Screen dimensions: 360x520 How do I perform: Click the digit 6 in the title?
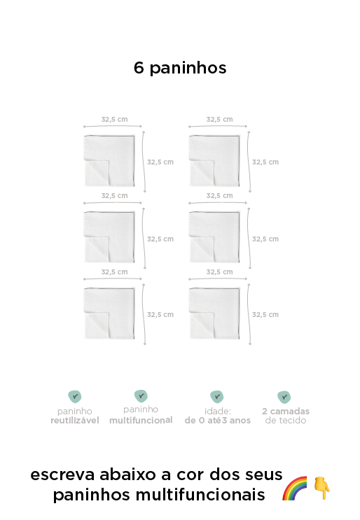click(x=139, y=68)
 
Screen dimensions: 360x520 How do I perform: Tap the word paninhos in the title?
click(x=188, y=69)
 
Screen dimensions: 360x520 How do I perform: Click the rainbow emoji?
click(x=295, y=489)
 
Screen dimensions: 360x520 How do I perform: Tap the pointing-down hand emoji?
click(x=321, y=488)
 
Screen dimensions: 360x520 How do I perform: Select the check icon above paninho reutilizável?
click(x=75, y=396)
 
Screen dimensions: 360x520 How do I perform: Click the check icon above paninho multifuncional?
click(x=141, y=395)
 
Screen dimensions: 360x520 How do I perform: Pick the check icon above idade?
click(x=217, y=396)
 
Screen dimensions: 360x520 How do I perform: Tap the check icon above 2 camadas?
click(x=284, y=397)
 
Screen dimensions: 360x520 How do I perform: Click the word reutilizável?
click(x=75, y=421)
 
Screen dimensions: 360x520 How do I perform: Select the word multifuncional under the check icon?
click(x=141, y=420)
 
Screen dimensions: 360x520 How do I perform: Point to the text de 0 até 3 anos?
click(x=218, y=421)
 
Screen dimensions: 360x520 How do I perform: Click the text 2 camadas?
click(x=286, y=412)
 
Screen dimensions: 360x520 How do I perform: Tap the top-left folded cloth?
click(x=109, y=161)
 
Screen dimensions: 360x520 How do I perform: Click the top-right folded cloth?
click(x=214, y=161)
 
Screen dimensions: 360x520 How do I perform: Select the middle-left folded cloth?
click(x=109, y=237)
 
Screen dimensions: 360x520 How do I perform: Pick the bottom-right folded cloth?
click(x=214, y=314)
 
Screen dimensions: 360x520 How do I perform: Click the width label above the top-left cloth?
click(x=114, y=120)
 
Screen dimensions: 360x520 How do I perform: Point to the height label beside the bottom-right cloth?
click(x=265, y=314)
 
